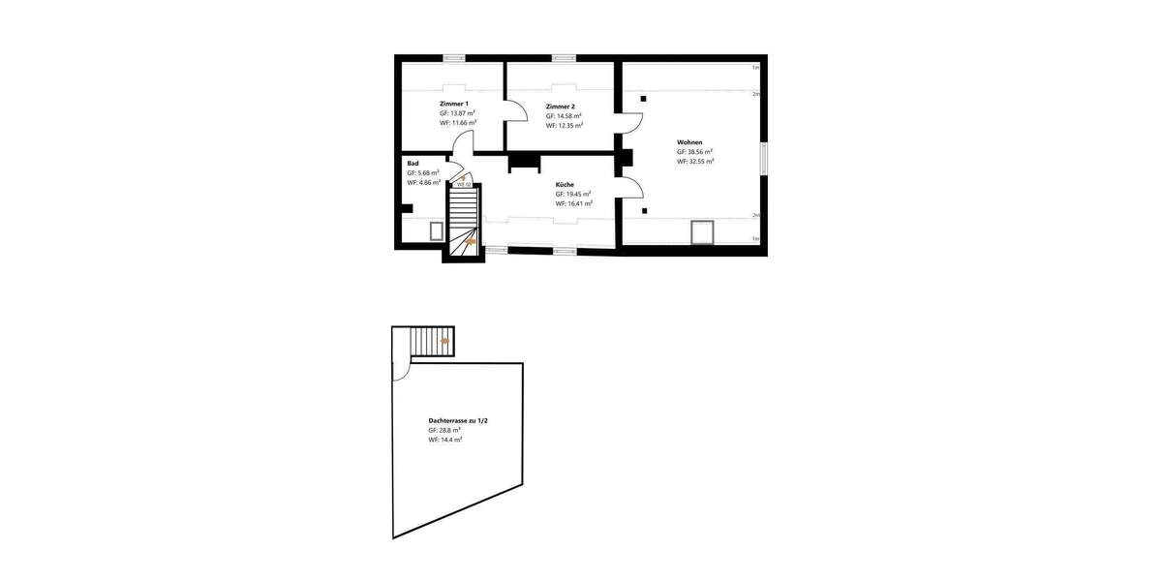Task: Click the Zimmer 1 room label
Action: click(453, 104)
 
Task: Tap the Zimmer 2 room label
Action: click(560, 106)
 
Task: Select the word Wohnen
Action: click(689, 142)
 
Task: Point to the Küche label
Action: click(565, 184)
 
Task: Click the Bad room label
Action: click(413, 164)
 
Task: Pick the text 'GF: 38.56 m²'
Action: click(695, 152)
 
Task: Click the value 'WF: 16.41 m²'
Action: click(573, 203)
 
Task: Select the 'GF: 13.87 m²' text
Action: click(457, 113)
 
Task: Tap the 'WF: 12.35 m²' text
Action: click(564, 125)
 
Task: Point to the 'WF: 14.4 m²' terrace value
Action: click(444, 440)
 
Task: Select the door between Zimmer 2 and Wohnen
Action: click(630, 123)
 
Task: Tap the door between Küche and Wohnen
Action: click(630, 188)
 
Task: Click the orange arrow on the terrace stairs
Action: click(444, 341)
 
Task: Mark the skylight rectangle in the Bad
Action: click(437, 230)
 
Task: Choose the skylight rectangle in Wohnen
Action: click(701, 232)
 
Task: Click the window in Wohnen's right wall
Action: click(764, 159)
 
